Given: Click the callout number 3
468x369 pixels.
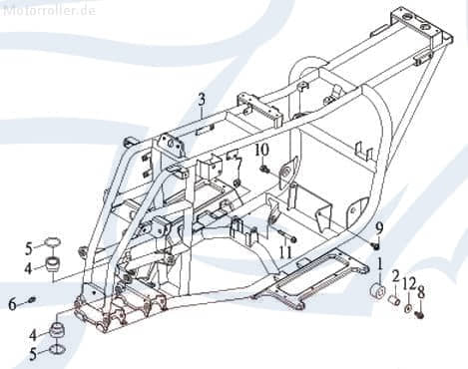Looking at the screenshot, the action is (x=202, y=100).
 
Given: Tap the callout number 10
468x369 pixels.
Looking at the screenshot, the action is (x=261, y=150).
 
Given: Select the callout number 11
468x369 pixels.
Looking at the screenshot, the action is (x=285, y=252).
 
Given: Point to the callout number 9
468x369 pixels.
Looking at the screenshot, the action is (x=379, y=228).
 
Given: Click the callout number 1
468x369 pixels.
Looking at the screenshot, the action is (x=379, y=265).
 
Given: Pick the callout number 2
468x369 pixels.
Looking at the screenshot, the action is (x=395, y=276).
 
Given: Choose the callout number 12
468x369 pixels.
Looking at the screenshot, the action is (x=409, y=284).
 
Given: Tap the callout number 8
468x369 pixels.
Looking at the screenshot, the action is (x=421, y=293).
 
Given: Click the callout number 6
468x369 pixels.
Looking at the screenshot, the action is (x=12, y=304).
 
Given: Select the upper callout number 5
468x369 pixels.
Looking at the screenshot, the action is (x=30, y=249).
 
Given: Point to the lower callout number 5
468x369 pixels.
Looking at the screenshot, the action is (x=33, y=354).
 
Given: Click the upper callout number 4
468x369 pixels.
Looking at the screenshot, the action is (x=29, y=268).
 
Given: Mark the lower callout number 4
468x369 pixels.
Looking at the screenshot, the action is (x=33, y=335).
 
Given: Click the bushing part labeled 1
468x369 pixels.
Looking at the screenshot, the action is (x=377, y=290).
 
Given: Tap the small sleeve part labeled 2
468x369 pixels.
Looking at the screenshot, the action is (x=395, y=300).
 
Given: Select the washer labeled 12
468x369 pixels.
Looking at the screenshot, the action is (x=407, y=308).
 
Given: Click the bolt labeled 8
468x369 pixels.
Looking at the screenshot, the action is (x=419, y=314).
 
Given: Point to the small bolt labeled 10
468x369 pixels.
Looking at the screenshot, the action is (x=265, y=170).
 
